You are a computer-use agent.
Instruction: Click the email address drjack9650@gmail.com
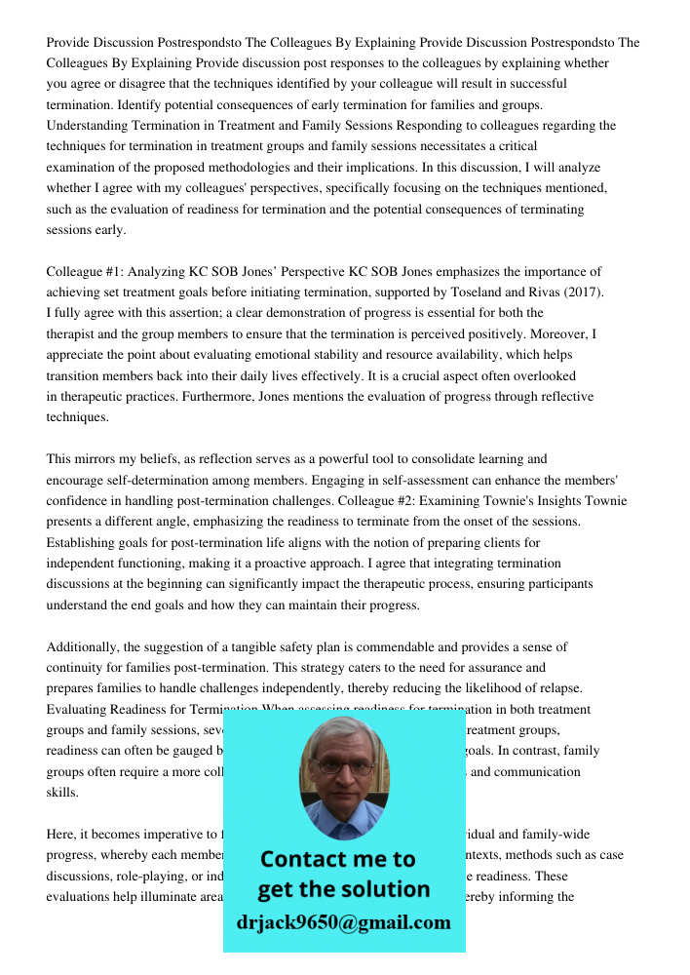click(343, 921)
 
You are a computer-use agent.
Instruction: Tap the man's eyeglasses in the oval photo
click(343, 766)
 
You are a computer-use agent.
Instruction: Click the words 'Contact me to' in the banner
click(337, 859)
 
